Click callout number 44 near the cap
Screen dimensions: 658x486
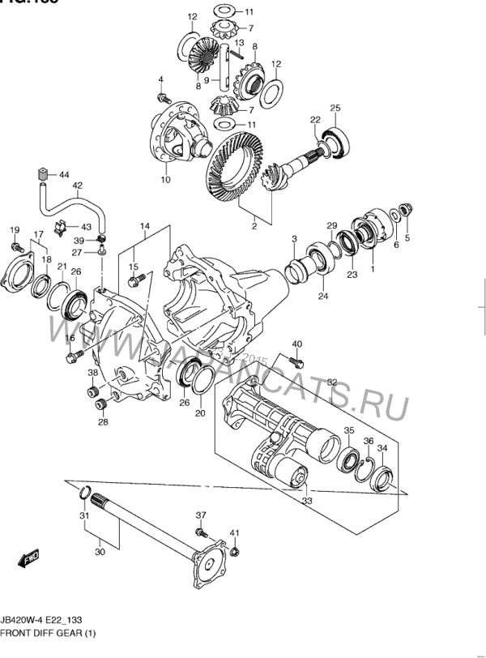[64, 174]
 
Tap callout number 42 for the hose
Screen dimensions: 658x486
[78, 186]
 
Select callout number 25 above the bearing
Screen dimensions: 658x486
[335, 108]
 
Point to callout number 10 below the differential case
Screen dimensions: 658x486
[165, 180]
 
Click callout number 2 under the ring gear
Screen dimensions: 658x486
[254, 226]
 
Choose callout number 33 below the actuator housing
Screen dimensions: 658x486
[306, 502]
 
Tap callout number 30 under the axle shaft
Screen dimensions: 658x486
[100, 553]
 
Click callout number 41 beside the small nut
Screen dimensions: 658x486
[234, 532]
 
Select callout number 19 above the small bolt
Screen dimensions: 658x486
[14, 231]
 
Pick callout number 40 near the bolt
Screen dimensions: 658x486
[296, 344]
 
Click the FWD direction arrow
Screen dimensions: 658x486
[31, 558]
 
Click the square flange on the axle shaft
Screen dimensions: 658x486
[211, 566]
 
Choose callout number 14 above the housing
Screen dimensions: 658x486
[145, 225]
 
